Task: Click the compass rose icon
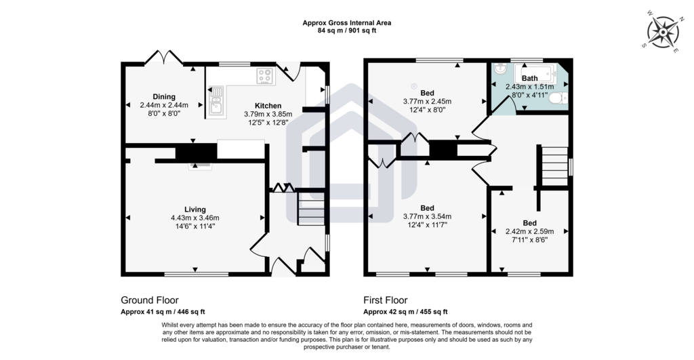[663, 33]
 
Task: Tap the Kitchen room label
[268, 106]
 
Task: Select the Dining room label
[164, 96]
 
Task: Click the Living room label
[195, 209]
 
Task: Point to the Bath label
[530, 79]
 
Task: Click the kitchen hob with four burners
[265, 76]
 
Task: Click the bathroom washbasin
[502, 69]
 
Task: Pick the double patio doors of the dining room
[164, 57]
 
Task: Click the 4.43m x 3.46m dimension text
[195, 218]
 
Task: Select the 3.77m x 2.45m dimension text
[427, 102]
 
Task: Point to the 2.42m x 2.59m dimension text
[530, 231]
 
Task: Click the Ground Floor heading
[150, 300]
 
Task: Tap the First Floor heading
[386, 300]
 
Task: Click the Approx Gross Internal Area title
[347, 23]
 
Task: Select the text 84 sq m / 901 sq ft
[347, 31]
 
